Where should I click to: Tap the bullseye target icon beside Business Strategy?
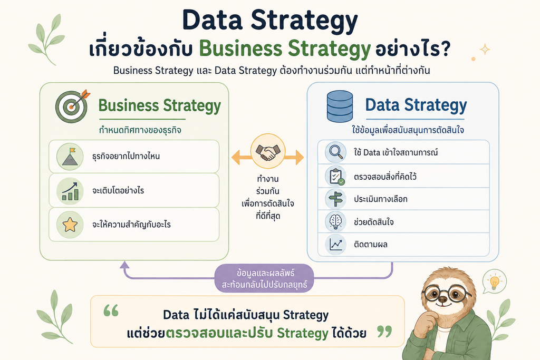coord(72,106)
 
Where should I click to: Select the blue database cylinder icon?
coord(340,106)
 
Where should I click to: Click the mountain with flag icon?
coord(70,157)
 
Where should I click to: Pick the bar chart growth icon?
coord(70,191)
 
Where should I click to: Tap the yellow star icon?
coord(70,225)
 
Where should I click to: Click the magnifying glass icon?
coord(336,152)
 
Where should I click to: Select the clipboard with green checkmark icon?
coord(336,177)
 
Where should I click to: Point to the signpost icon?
coord(335,199)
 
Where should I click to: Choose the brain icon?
coord(335,221)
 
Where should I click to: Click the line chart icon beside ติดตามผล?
coord(336,245)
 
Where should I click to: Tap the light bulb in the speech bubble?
coord(495,282)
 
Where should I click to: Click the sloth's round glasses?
coord(446,294)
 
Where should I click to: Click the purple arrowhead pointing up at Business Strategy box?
coord(124,265)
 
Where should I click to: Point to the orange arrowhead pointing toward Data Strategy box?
coord(300,158)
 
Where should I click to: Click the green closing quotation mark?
coord(384,332)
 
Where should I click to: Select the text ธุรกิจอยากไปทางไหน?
coord(126,156)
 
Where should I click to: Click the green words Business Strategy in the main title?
coord(285,48)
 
